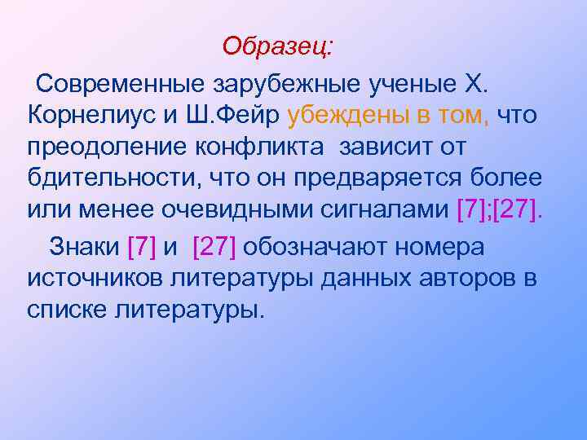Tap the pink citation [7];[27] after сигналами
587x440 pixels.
click(498, 213)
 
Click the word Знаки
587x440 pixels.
click(86, 245)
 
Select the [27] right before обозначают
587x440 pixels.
click(214, 245)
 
